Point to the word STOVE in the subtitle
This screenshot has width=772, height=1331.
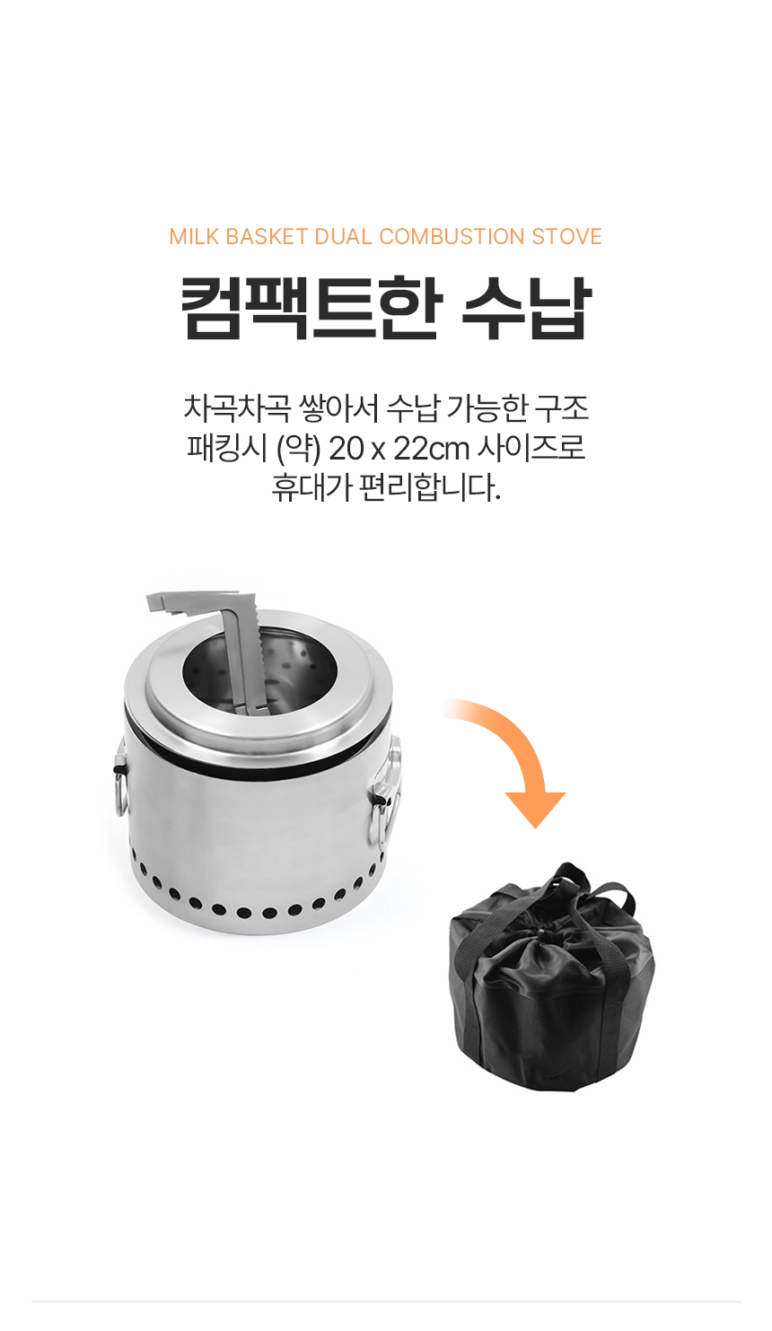(567, 236)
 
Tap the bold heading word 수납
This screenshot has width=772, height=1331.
(527, 308)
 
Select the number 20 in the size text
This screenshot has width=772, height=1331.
(346, 450)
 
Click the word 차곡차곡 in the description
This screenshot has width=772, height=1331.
(237, 408)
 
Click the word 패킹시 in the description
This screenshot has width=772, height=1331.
(227, 449)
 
